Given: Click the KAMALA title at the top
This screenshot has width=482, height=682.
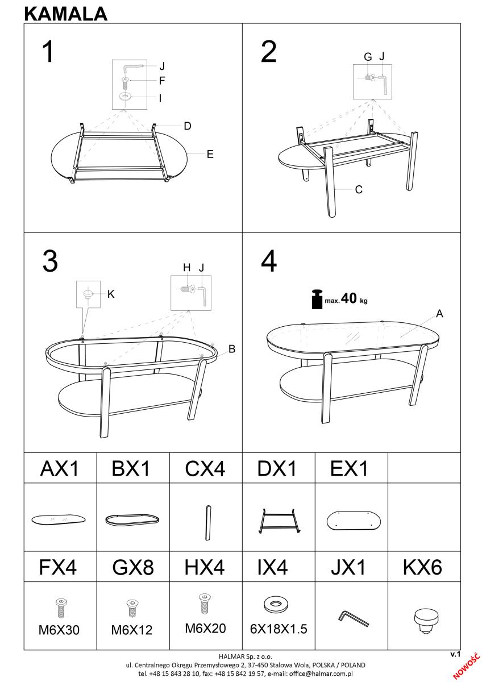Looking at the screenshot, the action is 66,14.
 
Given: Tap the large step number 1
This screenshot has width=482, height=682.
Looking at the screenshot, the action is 49,52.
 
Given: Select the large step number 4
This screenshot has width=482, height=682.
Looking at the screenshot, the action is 269,261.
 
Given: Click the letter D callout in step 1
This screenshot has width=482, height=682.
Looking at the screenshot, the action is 188,126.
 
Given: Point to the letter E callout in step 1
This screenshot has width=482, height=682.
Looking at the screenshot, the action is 210,154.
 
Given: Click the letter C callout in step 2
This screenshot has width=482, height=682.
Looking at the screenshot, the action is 359,190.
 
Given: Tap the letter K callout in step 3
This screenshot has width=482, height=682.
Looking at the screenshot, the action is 111,294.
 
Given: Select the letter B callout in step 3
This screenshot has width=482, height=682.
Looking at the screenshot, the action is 232,349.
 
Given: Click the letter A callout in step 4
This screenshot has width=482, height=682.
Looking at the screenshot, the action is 439,313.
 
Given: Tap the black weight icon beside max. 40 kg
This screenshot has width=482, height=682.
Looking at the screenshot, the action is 317,300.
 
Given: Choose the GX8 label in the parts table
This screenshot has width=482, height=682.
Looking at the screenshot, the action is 133,567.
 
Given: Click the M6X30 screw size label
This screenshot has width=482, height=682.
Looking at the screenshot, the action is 59,630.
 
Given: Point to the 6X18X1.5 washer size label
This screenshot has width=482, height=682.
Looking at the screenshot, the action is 279,629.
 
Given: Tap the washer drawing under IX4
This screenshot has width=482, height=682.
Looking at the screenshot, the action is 276,604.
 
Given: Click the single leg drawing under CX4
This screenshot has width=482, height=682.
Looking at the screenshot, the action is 208,522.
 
